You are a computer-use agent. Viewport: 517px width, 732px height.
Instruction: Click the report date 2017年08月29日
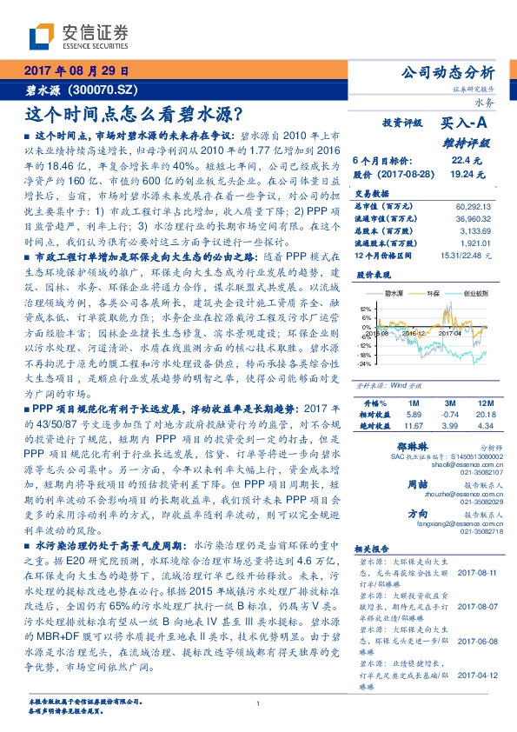pos(76,72)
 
